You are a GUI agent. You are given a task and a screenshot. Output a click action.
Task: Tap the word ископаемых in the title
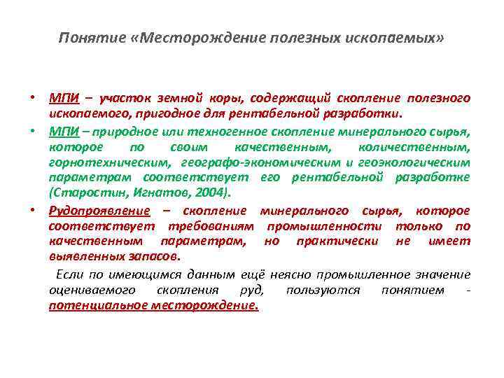tap(400, 36)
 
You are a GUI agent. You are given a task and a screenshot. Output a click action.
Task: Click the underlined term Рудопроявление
tap(99, 211)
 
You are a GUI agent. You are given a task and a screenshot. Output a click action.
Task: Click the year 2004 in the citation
tap(212, 192)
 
